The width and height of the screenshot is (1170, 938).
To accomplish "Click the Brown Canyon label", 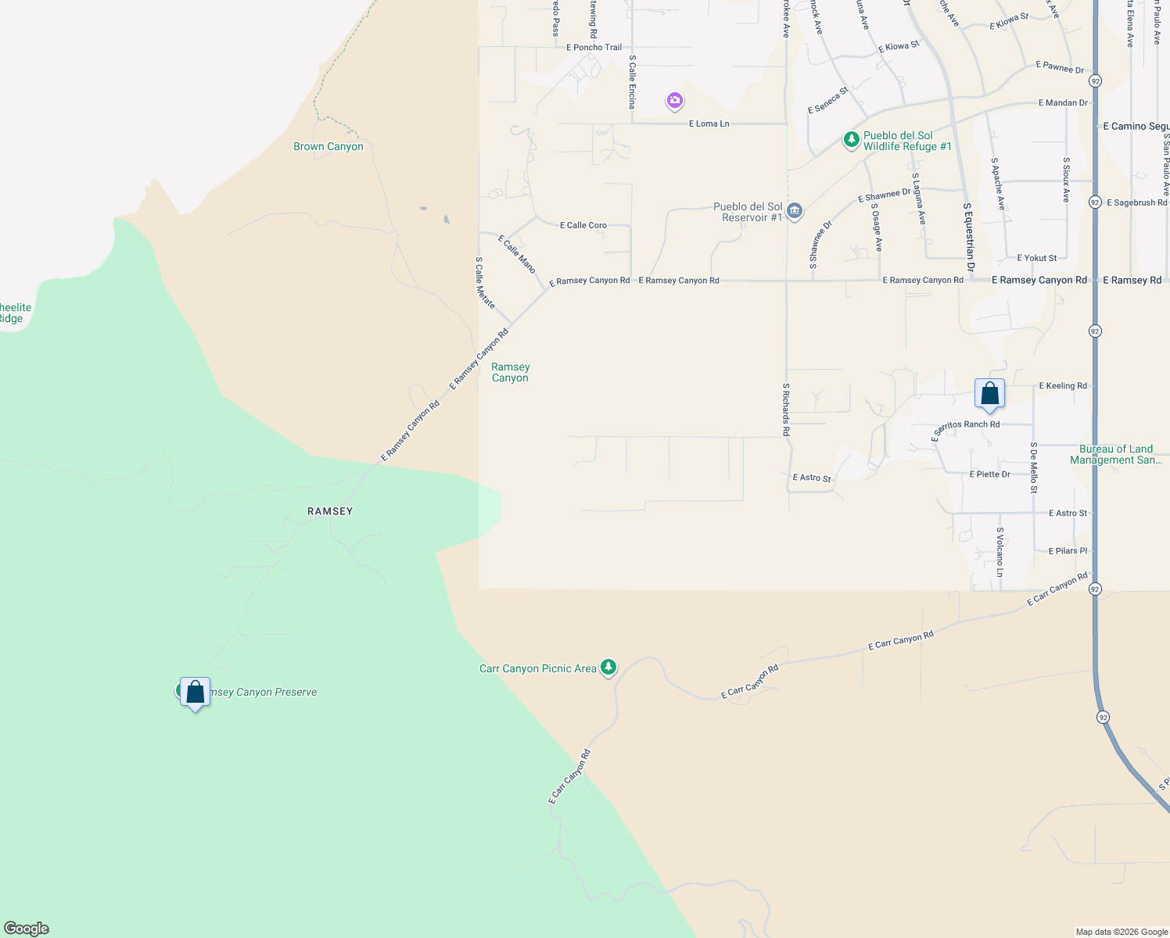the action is (328, 147).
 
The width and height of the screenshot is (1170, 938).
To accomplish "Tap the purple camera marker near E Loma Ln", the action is (675, 101).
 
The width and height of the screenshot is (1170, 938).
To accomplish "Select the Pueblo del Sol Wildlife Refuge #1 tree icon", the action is (851, 141).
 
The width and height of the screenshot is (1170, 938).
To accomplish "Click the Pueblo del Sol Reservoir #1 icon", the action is (795, 212).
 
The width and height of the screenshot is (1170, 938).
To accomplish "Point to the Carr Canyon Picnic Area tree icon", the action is (608, 668).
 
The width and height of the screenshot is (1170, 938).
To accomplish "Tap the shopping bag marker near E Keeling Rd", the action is (989, 393).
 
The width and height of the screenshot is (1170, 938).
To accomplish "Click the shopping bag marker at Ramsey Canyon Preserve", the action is (195, 692).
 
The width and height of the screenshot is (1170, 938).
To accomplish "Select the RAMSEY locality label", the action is (330, 511).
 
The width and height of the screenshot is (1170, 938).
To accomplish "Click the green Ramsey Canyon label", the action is (510, 372).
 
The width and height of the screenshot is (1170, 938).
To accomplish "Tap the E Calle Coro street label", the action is (583, 225).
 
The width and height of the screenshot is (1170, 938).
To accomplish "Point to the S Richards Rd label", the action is (787, 410).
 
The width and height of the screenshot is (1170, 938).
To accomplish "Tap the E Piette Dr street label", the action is (989, 474).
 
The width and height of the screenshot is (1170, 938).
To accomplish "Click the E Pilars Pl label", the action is (1068, 551).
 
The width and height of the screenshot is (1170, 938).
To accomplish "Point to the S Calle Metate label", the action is (485, 282).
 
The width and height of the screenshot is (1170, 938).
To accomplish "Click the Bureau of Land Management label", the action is (1116, 454).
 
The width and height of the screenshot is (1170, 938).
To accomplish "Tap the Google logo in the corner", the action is (27, 929).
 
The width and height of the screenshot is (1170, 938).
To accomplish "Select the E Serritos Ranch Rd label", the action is (966, 428).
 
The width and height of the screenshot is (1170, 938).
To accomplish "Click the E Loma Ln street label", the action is (709, 124).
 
